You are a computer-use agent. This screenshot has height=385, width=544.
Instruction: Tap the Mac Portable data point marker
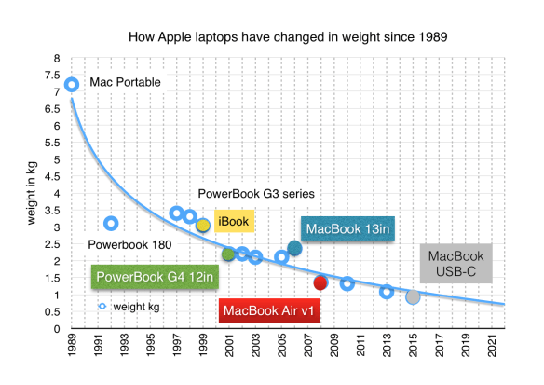point(72,85)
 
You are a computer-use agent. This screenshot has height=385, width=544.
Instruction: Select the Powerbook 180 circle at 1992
point(111,223)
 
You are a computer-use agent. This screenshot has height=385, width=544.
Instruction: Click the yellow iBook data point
point(203,226)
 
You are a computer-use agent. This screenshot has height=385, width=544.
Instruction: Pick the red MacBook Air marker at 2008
point(320,282)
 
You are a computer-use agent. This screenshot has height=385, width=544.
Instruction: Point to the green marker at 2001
point(229,254)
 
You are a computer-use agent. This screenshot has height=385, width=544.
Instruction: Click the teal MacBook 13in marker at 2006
point(294,248)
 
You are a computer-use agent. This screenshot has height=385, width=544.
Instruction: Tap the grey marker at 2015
point(413,296)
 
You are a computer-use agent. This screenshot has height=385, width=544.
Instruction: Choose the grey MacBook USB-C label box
point(456,264)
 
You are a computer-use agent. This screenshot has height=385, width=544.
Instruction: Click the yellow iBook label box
point(234,221)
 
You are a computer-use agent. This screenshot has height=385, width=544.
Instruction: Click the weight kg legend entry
point(129,306)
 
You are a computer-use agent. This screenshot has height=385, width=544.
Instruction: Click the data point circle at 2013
point(387,292)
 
